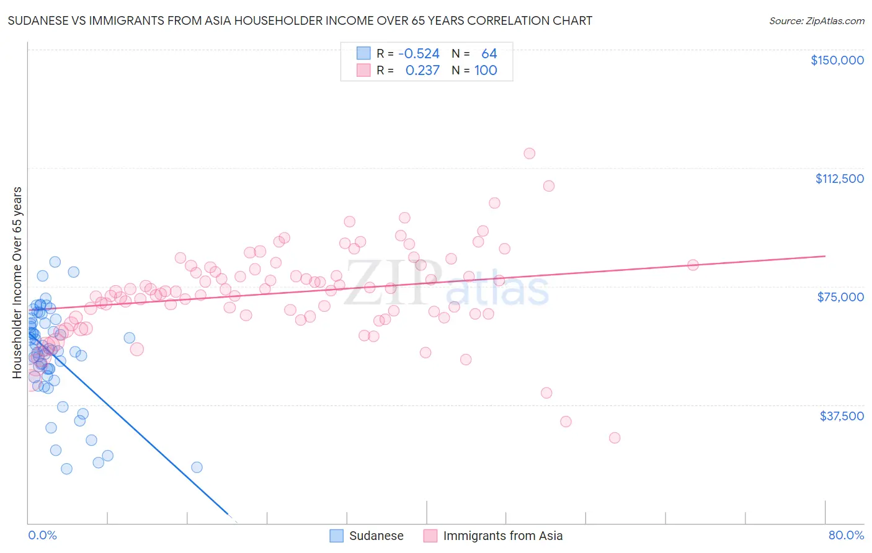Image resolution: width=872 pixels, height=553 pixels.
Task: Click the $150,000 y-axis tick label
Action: click(x=837, y=60)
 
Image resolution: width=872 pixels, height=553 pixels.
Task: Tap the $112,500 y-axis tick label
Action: click(x=839, y=179)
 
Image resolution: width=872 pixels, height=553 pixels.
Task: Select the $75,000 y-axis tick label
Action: click(x=840, y=297)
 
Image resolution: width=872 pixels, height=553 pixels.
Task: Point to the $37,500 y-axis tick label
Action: click(x=842, y=416)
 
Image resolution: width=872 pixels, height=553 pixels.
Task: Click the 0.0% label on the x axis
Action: click(x=42, y=535)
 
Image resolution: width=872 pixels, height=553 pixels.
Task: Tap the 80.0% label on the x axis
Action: click(x=846, y=535)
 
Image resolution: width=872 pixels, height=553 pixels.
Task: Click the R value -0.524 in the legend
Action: click(x=419, y=54)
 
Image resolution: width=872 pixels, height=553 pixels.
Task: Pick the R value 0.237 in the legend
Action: click(x=422, y=71)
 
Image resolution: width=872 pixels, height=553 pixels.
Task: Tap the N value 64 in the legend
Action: click(x=489, y=54)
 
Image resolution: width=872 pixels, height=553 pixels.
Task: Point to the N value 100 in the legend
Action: click(x=486, y=71)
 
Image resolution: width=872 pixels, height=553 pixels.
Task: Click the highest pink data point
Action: click(x=529, y=153)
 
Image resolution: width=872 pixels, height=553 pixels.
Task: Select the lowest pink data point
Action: click(x=615, y=438)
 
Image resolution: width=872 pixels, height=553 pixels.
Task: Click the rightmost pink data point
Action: click(x=693, y=265)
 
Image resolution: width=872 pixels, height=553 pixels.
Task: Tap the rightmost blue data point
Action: click(x=197, y=467)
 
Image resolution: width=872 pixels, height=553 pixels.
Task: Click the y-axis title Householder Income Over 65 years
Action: click(x=17, y=282)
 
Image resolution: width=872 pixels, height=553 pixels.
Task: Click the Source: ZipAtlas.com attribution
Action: click(x=816, y=20)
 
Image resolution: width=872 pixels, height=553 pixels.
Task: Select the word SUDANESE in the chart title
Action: click(x=40, y=20)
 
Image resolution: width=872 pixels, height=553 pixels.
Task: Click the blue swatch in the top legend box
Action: click(x=363, y=53)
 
